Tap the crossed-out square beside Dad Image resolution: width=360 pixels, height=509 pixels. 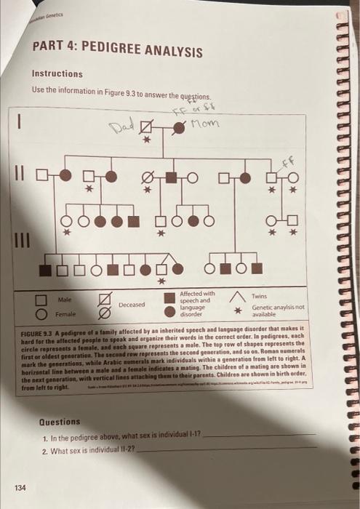pyautogui.click(x=148, y=127)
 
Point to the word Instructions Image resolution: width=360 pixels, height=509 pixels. pyautogui.click(x=57, y=73)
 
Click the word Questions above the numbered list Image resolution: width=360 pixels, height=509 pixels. pyautogui.click(x=60, y=422)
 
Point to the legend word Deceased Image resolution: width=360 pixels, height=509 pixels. pyautogui.click(x=132, y=305)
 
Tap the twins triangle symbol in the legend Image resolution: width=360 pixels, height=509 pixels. pyautogui.click(x=237, y=296)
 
